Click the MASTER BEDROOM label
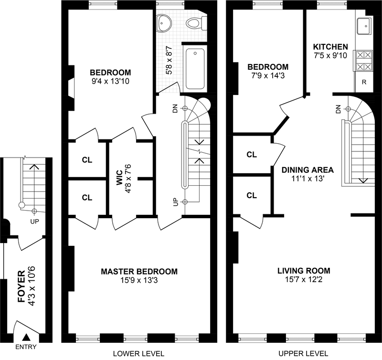click(139, 271)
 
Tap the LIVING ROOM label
click(304, 271)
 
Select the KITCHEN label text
click(330, 47)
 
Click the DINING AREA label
click(307, 169)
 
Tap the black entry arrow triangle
click(26, 338)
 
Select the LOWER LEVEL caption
click(138, 354)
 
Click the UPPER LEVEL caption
click(304, 354)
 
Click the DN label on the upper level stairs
click(339, 109)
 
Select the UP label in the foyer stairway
click(34, 222)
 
